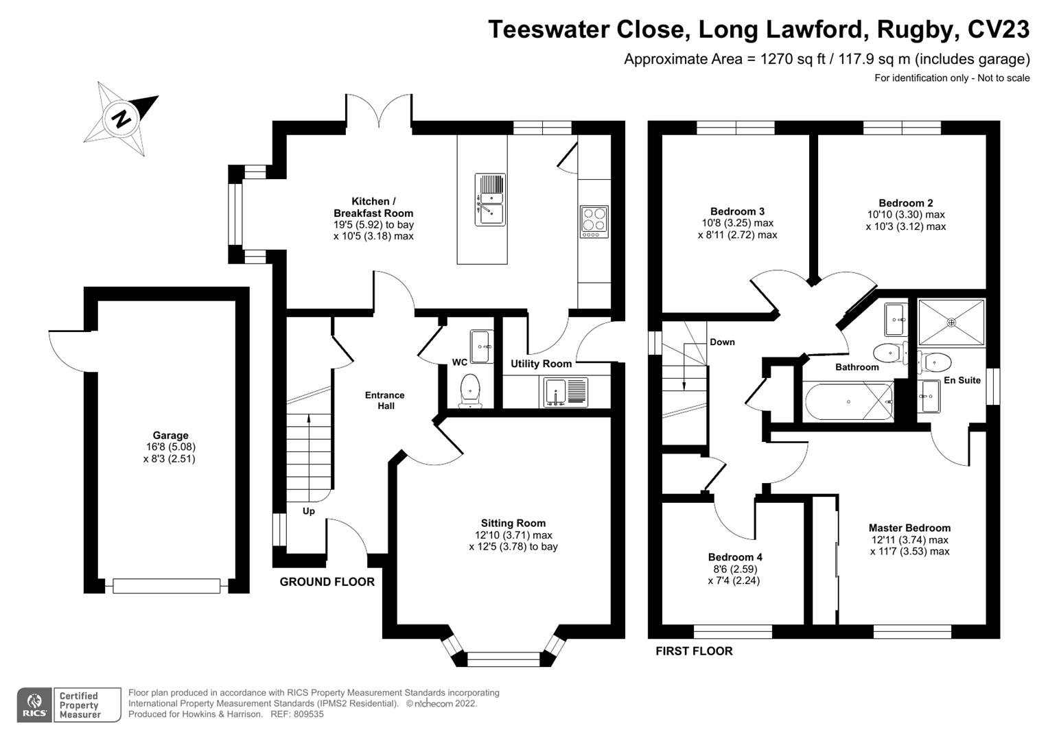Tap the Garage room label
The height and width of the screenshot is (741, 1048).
point(170,435)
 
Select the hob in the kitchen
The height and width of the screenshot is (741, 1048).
point(594,222)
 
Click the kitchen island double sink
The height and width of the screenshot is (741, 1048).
point(490,199)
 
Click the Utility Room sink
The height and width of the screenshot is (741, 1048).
point(566,392)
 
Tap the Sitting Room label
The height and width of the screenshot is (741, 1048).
point(513,523)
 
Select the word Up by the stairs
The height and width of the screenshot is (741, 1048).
point(309,511)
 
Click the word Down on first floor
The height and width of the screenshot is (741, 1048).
point(722,342)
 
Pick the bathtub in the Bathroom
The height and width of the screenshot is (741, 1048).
point(848,403)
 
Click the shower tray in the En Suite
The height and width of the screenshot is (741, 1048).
point(951,322)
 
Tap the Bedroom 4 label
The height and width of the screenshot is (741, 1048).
point(735,557)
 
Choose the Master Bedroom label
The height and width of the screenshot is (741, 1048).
point(909,528)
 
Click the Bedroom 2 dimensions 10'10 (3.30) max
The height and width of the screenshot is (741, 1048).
point(905,215)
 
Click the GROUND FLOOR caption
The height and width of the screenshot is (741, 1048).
point(327,582)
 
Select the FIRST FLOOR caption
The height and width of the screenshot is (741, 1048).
point(694,651)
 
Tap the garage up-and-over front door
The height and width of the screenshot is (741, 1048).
point(167,586)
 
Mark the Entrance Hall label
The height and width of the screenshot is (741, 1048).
point(384,400)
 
